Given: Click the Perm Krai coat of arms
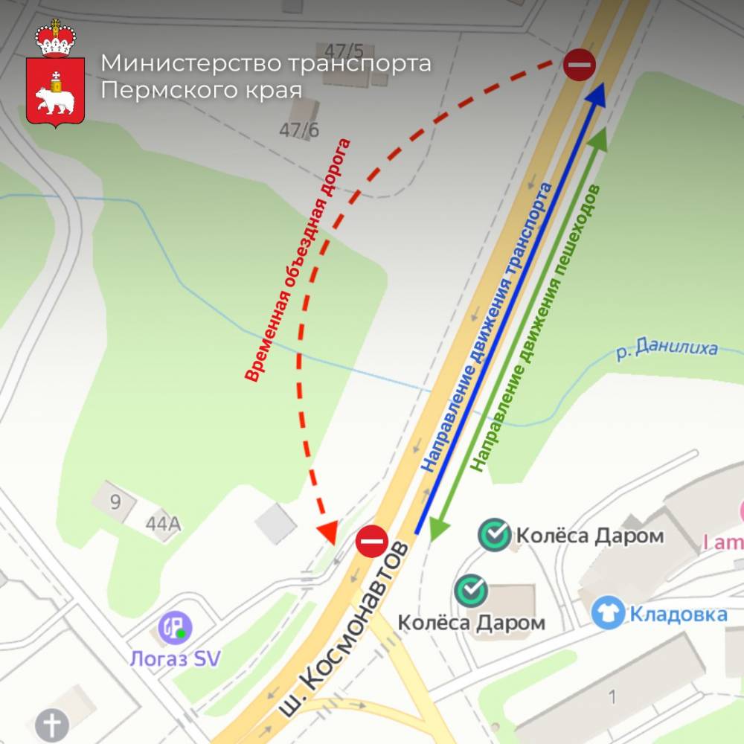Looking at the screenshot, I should pyautogui.click(x=57, y=74).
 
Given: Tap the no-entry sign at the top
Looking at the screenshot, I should pyautogui.click(x=579, y=65).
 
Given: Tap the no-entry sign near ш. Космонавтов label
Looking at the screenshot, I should pyautogui.click(x=371, y=541).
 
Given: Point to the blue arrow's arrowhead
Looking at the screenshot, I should pyautogui.click(x=599, y=93).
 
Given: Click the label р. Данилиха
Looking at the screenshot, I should pyautogui.click(x=667, y=349).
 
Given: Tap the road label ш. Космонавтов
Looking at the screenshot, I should pyautogui.click(x=346, y=629).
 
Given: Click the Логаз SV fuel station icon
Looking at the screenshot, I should pyautogui.click(x=176, y=627).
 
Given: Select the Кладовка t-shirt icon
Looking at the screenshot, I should pyautogui.click(x=608, y=613).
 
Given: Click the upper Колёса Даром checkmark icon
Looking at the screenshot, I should pyautogui.click(x=495, y=535).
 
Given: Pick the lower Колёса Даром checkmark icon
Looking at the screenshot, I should pyautogui.click(x=471, y=590).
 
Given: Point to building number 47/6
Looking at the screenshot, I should pyautogui.click(x=299, y=130).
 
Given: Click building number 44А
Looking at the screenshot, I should pyautogui.click(x=163, y=524).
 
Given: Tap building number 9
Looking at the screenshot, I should pyautogui.click(x=115, y=501).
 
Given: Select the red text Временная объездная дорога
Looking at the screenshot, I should pyautogui.click(x=298, y=260).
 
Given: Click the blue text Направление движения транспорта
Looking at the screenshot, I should pyautogui.click(x=488, y=327).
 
